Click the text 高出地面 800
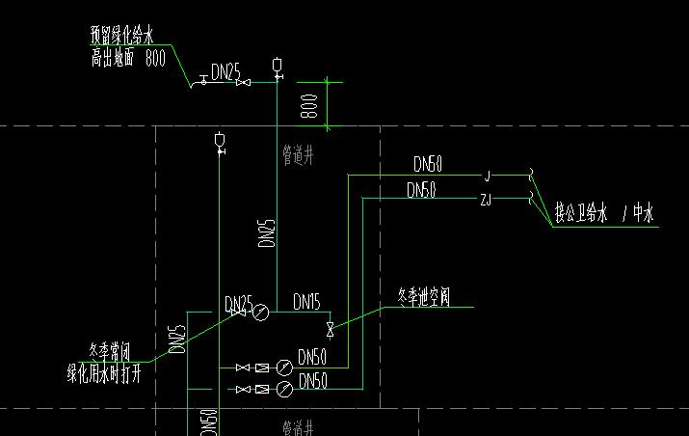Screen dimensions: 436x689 tap(128, 58)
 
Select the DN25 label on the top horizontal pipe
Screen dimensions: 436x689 tap(226, 70)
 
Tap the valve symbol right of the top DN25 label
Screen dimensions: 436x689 tap(244, 83)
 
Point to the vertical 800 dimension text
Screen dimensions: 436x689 tap(309, 104)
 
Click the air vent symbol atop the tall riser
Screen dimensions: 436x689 tap(278, 67)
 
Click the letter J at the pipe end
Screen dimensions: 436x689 tap(488, 176)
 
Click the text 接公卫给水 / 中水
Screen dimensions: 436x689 tap(605, 215)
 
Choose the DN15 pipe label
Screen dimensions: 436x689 tap(306, 302)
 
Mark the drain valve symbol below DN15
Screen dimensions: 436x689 tap(331, 330)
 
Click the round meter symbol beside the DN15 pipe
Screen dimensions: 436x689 tap(260, 311)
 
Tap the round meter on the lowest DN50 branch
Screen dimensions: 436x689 tap(284, 389)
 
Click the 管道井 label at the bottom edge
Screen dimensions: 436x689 tap(298, 425)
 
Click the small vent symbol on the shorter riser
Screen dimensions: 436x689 tap(220, 143)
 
